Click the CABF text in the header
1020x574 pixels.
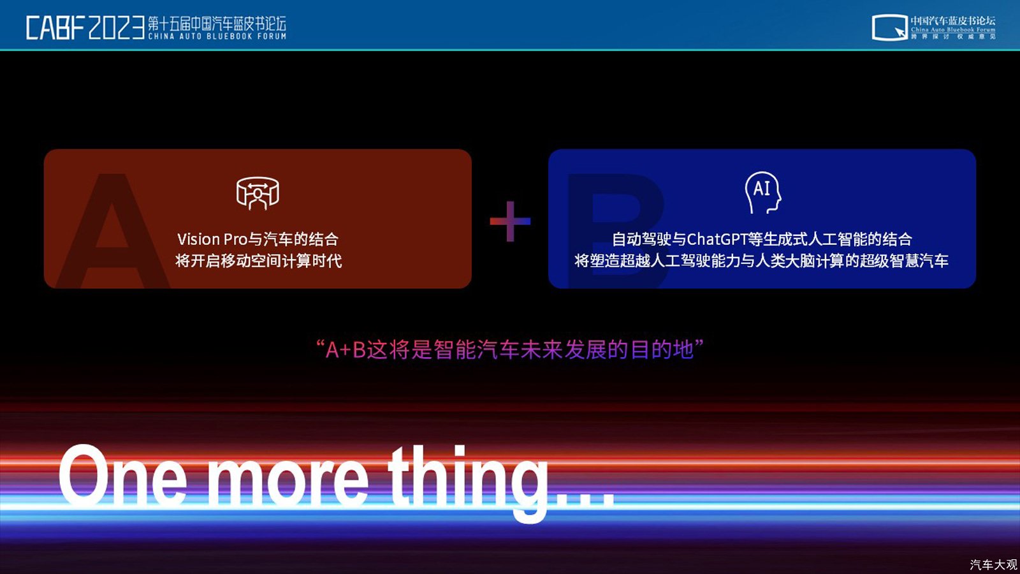point(55,28)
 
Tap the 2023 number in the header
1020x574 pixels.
point(117,28)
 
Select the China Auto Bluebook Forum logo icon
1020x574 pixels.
point(889,27)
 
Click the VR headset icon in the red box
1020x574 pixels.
point(258,193)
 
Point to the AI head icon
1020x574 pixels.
point(762,192)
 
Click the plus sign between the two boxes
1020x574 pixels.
point(510,221)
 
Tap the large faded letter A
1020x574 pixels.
point(112,230)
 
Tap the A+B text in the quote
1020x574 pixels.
point(346,350)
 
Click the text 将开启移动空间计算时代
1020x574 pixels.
point(259,261)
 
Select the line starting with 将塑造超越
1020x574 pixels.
point(761,261)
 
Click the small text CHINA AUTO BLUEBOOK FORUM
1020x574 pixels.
point(217,36)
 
